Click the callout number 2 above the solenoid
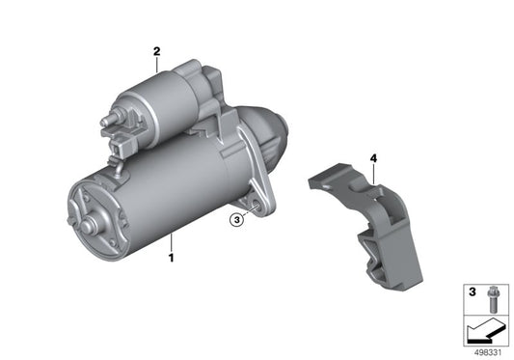[155, 51]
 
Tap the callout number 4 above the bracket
[373, 156]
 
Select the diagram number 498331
[488, 353]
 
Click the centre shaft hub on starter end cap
[89, 226]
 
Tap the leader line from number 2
[156, 63]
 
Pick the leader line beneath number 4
[372, 171]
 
